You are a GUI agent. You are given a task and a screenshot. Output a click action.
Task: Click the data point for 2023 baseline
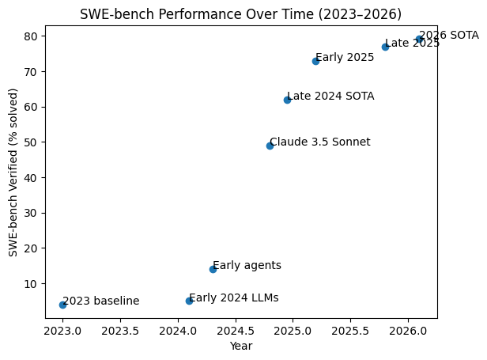pos(62,305)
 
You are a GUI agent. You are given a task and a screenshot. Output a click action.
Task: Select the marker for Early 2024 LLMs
pos(189,301)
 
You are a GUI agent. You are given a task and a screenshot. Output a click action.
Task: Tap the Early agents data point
pos(213,269)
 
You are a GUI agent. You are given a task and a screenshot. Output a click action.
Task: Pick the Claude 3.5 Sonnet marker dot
pos(270,146)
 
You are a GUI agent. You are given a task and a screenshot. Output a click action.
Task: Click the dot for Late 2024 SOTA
pos(287,100)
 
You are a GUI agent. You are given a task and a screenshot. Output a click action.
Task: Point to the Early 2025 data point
pos(315,61)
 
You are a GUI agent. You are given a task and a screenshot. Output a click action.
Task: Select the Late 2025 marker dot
pos(385,47)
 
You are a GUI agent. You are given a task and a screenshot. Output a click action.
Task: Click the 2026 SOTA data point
pos(419,39)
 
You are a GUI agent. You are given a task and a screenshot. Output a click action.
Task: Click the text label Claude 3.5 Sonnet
pos(319,142)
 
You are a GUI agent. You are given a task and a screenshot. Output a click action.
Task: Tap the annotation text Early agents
pos(247,266)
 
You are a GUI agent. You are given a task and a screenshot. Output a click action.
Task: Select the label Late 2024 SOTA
pos(330,97)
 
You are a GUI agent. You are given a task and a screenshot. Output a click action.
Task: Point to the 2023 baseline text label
pos(100,301)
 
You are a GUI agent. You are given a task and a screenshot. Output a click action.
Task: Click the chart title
pos(240,13)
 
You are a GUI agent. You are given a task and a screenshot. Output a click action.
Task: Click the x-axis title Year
pos(240,347)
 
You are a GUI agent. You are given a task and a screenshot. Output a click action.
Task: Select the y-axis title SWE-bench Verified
pos(13,172)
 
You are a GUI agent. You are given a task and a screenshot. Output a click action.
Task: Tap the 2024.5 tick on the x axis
pos(235,329)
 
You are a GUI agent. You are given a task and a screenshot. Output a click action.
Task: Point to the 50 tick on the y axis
pos(33,142)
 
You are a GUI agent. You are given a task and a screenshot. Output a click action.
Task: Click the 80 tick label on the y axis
pos(33,36)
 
